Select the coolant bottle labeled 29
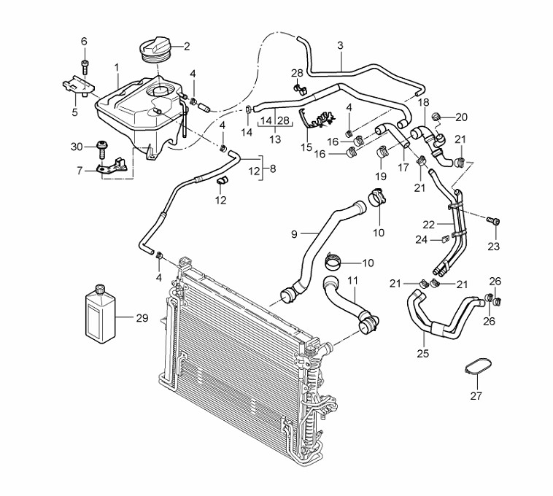coord(100,314)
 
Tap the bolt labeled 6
coord(85,66)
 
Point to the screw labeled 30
coord(101,149)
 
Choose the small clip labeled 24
coord(444,239)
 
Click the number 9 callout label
coord(294,234)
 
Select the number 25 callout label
coord(422,353)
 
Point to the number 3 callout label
coord(340,45)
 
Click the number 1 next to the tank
coord(117,67)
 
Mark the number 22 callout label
coord(429,225)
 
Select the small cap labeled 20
coord(437,115)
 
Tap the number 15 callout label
coord(306,147)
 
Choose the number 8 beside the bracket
coord(272,168)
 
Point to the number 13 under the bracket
coord(275,139)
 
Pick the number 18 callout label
coord(424,102)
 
